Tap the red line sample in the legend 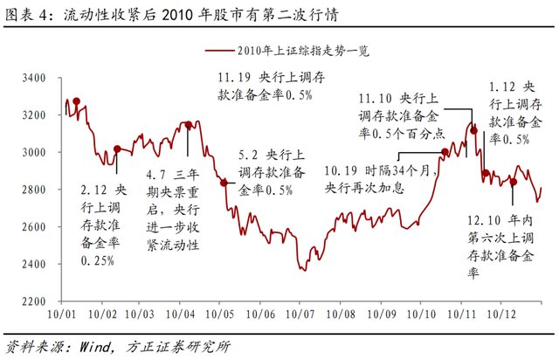[x=224, y=50]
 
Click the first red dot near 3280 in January [x=77, y=101]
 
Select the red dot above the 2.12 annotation [x=118, y=149]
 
